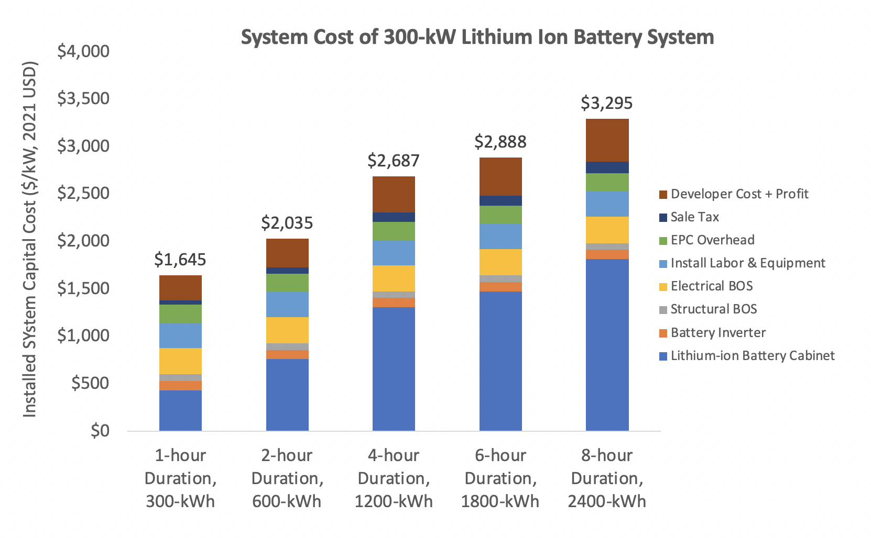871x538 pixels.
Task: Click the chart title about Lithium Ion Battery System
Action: [x=477, y=37]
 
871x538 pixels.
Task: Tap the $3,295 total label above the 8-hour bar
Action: [x=606, y=103]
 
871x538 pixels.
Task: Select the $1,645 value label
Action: [x=180, y=259]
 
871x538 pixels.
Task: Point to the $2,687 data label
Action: [x=393, y=161]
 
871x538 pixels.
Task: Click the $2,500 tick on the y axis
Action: [x=83, y=193]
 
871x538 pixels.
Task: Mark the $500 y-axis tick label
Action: [x=90, y=383]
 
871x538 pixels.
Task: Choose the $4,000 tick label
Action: [x=83, y=51]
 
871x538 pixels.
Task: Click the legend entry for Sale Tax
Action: [x=694, y=217]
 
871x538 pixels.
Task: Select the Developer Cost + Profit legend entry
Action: [x=739, y=194]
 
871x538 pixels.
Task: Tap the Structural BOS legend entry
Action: [x=713, y=309]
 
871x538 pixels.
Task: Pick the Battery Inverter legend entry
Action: [x=717, y=332]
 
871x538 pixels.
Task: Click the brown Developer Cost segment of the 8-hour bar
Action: [x=607, y=140]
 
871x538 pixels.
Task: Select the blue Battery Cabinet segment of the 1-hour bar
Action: [x=180, y=410]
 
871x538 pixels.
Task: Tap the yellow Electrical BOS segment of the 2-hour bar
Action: [x=287, y=330]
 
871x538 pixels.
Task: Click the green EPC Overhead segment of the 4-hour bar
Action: [x=394, y=231]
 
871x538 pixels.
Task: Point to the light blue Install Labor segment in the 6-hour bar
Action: [x=500, y=236]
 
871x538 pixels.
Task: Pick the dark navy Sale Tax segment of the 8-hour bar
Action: [x=607, y=167]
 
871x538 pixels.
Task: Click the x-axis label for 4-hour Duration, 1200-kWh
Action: [x=394, y=478]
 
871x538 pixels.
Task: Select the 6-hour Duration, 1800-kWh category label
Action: [x=500, y=478]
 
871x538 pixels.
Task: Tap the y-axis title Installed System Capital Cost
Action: [x=30, y=240]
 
